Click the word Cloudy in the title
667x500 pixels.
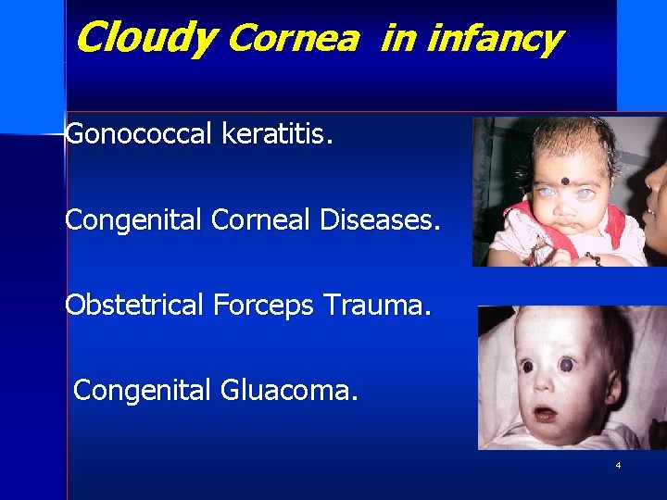145,38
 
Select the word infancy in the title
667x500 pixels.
495,39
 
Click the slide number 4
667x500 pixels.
618,465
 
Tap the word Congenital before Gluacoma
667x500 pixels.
143,390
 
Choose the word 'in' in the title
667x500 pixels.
397,38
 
